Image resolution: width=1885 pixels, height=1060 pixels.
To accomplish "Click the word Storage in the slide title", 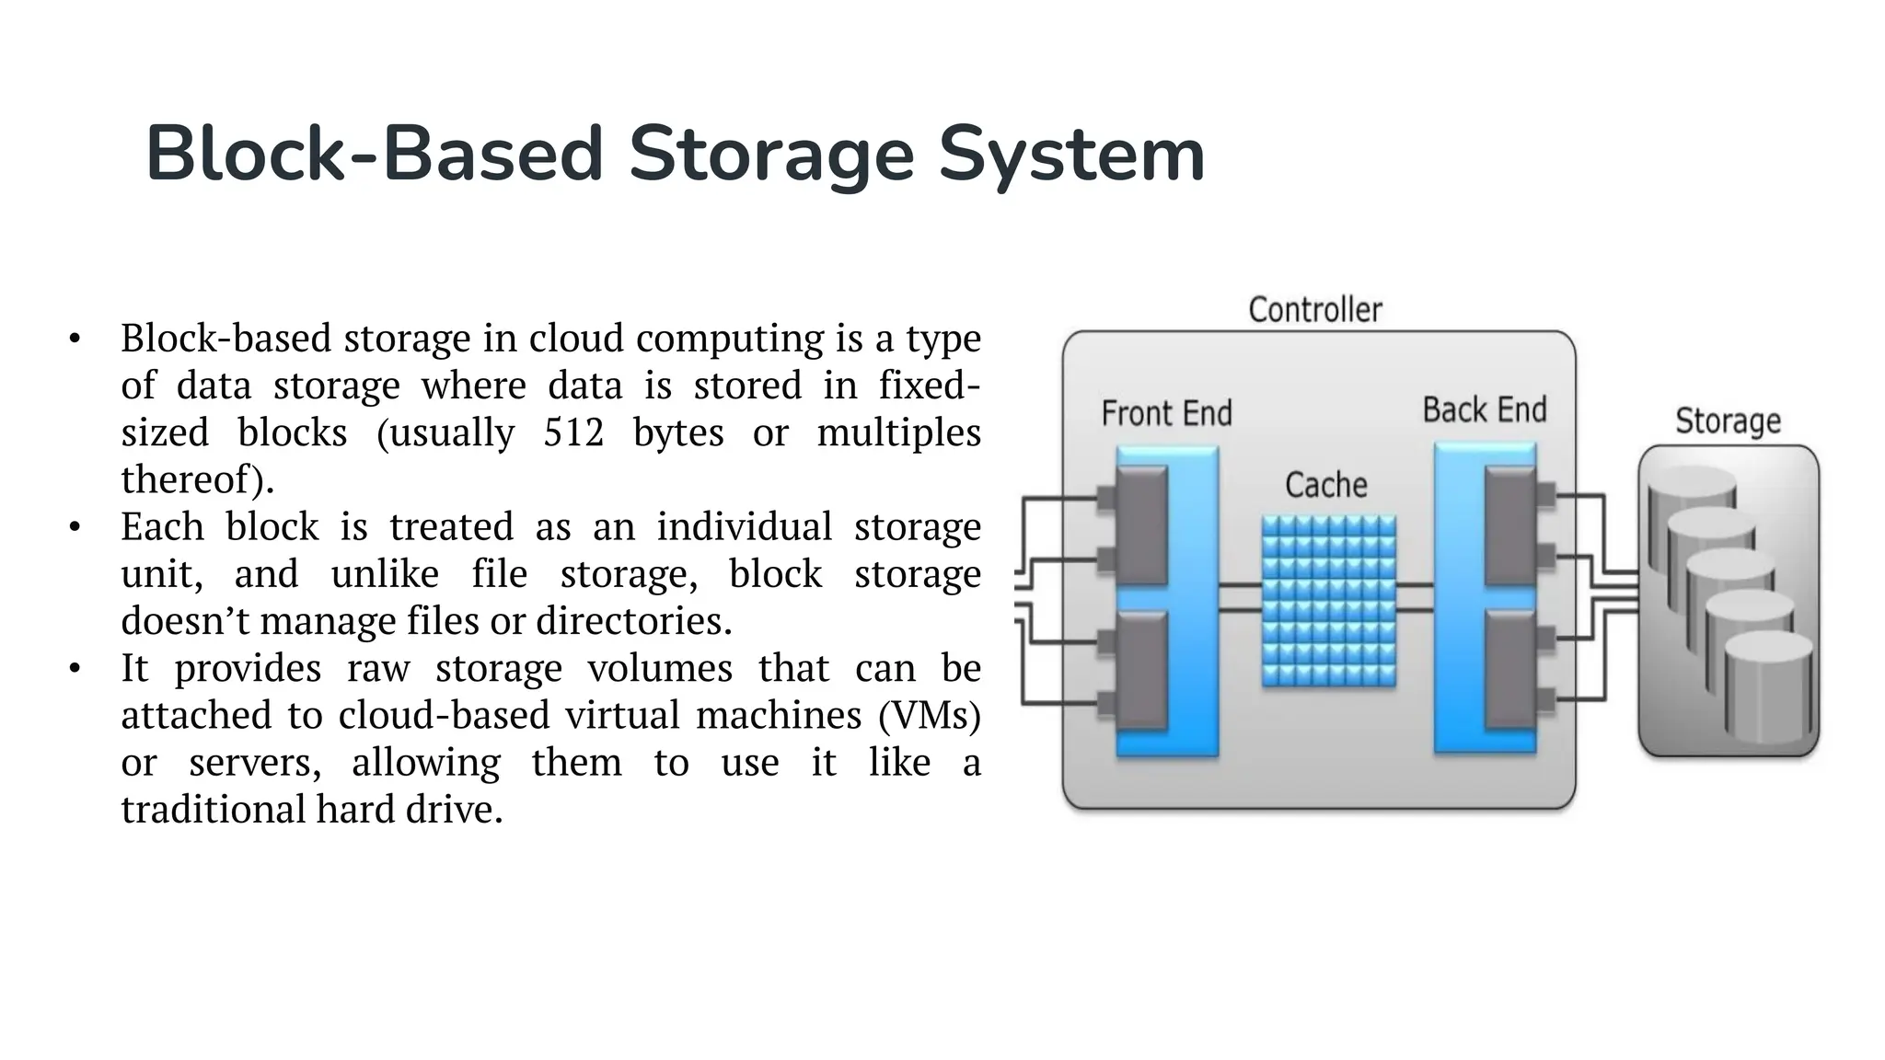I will pyautogui.click(x=770, y=155).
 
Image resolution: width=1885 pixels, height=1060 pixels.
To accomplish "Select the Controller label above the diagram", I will pyautogui.click(x=1315, y=310).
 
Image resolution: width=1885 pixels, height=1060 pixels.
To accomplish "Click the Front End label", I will pyautogui.click(x=1166, y=414).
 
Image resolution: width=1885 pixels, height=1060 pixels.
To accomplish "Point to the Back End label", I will pyautogui.click(x=1484, y=410).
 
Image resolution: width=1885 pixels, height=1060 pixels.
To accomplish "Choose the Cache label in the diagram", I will pyautogui.click(x=1325, y=485).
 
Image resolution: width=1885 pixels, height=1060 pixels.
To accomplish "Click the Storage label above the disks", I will pyautogui.click(x=1728, y=421).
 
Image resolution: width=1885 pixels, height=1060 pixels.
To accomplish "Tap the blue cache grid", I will pyautogui.click(x=1328, y=601).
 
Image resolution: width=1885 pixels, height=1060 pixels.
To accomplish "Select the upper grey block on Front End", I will pyautogui.click(x=1141, y=525).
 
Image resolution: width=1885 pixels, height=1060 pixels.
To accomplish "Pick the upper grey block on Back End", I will pyautogui.click(x=1510, y=525).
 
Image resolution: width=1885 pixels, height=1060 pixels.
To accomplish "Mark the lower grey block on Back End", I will pyautogui.click(x=1510, y=670).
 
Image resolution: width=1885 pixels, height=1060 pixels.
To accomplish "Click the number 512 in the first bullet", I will pyautogui.click(x=572, y=432).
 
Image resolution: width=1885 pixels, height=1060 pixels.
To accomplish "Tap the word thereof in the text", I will pyautogui.click(x=192, y=479).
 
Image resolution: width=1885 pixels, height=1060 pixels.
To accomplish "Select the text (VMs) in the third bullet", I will pyautogui.click(x=930, y=715).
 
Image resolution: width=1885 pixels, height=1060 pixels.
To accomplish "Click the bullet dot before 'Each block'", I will pyautogui.click(x=75, y=527).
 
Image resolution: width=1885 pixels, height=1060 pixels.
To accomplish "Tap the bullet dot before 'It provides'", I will pyautogui.click(x=75, y=668).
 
